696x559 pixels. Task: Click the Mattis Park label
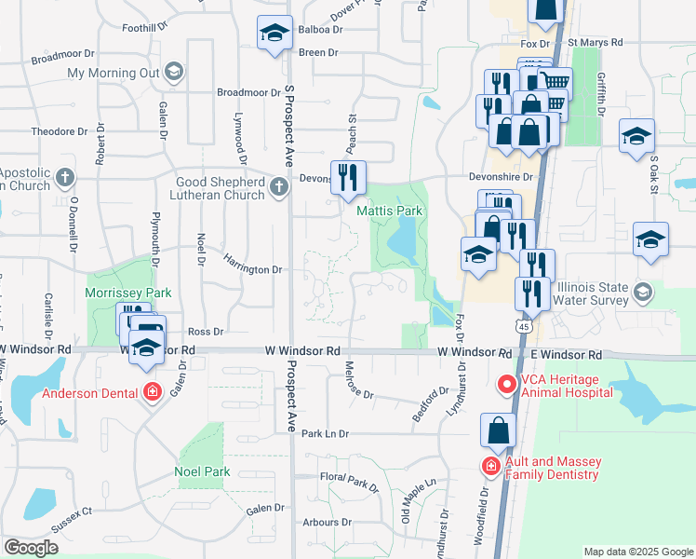390,211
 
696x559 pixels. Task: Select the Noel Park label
202,471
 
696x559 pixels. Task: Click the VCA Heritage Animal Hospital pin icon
507,384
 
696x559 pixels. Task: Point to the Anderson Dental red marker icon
153,393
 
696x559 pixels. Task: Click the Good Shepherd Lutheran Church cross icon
278,189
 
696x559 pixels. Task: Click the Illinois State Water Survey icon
642,293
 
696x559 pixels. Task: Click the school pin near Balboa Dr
274,35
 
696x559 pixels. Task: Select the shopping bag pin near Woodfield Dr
498,431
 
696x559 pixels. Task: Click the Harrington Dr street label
252,268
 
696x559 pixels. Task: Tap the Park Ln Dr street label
324,434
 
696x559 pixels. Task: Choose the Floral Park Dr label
349,482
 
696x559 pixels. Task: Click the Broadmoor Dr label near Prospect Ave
248,92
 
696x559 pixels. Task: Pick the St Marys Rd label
596,43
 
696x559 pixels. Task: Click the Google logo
31,548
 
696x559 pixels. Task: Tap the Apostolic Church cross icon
64,176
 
